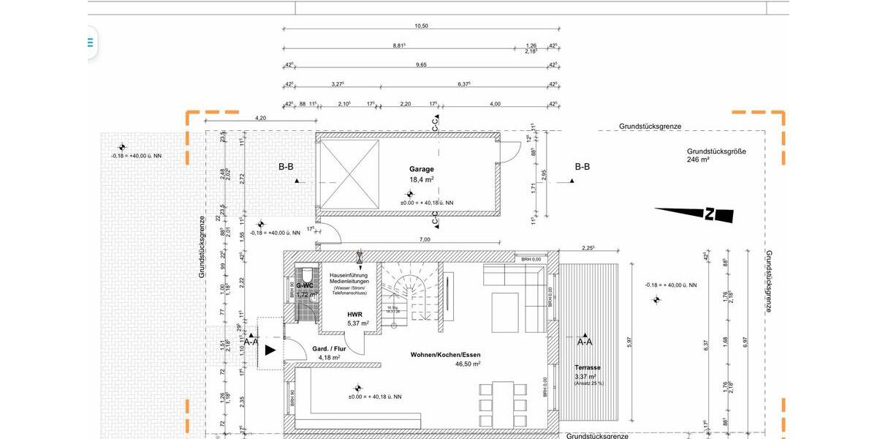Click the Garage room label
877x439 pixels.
pos(422,169)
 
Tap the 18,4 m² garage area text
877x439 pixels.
pos(422,179)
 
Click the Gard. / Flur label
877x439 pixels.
pos(329,349)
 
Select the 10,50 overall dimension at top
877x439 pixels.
pos(421,26)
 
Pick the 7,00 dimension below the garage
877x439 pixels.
pos(425,239)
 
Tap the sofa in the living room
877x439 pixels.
pos(515,285)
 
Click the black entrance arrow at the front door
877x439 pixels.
pos(270,350)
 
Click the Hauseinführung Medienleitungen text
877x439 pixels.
pos(354,278)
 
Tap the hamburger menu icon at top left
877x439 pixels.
pos(91,42)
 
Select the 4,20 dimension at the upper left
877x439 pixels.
pos(260,119)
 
